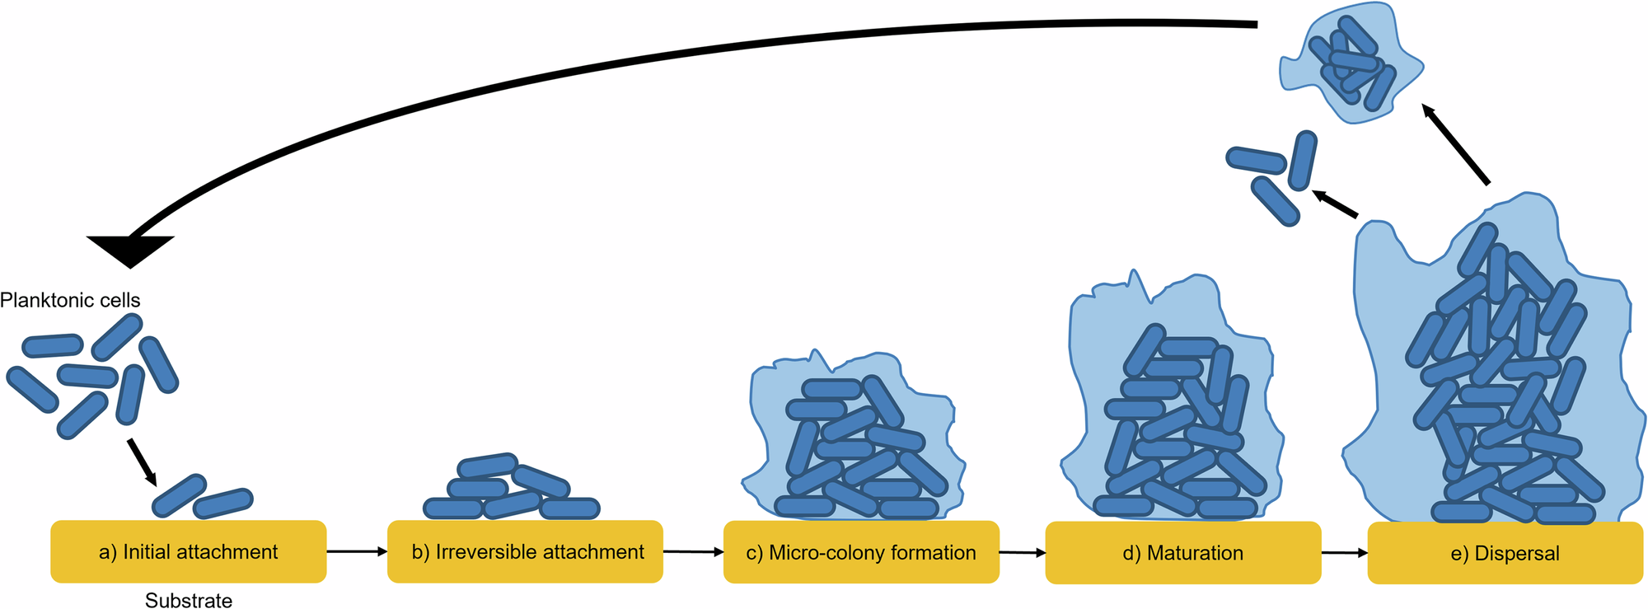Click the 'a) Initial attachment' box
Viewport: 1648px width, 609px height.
coord(188,551)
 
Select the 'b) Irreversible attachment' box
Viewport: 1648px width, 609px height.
coord(526,551)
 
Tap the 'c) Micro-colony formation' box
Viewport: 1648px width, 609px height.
coord(861,552)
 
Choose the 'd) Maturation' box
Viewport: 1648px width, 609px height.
coord(1182,553)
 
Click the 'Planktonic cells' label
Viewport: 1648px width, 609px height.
coord(70,300)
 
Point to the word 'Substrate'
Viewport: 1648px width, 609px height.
coord(189,600)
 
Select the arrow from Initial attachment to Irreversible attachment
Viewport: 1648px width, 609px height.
coord(357,551)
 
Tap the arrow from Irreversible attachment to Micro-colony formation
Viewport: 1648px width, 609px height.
coord(693,552)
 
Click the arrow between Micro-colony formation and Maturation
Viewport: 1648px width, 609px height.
coord(1023,553)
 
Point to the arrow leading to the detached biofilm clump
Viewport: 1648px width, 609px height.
coord(1457,145)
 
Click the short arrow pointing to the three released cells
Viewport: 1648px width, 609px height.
coord(1335,204)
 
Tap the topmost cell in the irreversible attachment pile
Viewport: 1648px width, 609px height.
coord(487,466)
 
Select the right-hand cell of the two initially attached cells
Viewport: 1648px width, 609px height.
coord(223,503)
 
